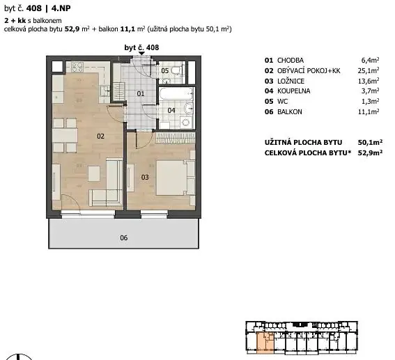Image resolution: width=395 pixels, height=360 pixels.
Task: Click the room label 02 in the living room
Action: point(100,136)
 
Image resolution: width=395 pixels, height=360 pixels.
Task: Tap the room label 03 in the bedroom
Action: point(145,178)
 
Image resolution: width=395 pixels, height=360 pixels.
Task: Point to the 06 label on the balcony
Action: point(124,237)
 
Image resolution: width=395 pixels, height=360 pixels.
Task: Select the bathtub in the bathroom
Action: point(176,95)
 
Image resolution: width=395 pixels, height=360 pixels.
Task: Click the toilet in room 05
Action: point(177,70)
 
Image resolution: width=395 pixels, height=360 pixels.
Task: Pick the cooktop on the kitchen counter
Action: point(77,67)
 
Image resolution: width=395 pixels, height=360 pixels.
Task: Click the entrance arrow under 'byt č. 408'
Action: point(141,54)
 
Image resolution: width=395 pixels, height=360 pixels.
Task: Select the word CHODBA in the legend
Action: point(291,61)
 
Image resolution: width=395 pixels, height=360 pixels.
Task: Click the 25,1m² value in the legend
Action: point(369,71)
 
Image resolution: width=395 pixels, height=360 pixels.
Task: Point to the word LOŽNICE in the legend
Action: point(291,81)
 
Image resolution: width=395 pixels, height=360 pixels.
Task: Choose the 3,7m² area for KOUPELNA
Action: point(370,91)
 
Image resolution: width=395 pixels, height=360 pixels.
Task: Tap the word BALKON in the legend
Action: point(290,112)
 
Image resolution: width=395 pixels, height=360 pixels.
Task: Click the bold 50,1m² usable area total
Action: point(370,143)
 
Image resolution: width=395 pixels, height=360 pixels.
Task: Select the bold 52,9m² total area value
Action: point(370,152)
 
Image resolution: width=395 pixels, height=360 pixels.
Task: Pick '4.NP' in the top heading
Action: point(61,8)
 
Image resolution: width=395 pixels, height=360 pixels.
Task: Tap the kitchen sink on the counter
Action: point(104,91)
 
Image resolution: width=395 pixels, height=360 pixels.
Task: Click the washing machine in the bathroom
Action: point(187,123)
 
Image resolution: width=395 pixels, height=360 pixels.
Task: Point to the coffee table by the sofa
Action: point(94,173)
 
